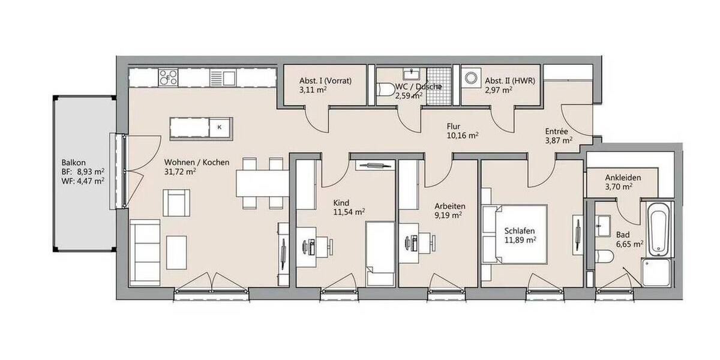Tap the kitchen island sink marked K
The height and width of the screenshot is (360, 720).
pyautogui.click(x=220, y=127)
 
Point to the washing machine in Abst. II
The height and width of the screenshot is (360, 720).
pyautogui.click(x=471, y=78)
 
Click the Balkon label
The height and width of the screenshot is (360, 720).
pyautogui.click(x=74, y=163)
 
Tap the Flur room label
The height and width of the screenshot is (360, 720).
pyautogui.click(x=454, y=127)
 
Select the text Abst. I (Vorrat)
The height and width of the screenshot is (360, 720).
pyautogui.click(x=325, y=81)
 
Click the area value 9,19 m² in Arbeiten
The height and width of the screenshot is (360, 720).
pyautogui.click(x=448, y=214)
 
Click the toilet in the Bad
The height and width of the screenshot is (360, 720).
pyautogui.click(x=604, y=257)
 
